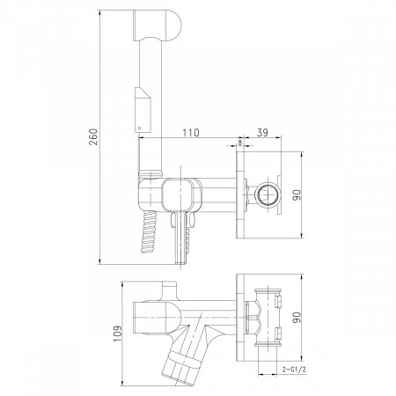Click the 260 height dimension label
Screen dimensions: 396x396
(94, 136)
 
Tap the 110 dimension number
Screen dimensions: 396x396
(191, 133)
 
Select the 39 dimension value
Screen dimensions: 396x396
(262, 133)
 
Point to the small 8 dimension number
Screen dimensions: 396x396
(240, 143)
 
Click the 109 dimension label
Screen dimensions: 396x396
(118, 334)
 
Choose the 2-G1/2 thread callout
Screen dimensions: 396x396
(294, 370)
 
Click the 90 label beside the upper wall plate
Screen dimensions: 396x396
(297, 195)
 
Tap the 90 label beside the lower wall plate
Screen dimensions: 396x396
(297, 318)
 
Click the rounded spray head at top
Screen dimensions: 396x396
(158, 26)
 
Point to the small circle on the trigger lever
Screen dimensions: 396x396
(140, 128)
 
